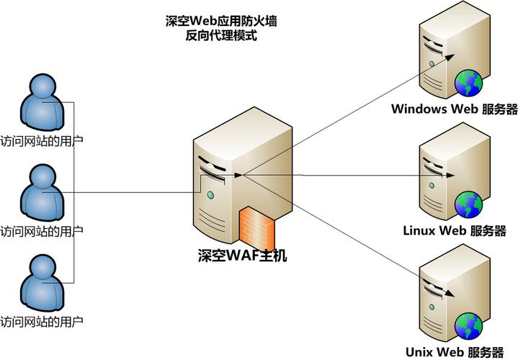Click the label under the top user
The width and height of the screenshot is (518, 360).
pos(41,141)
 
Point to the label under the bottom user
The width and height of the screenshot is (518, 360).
pos(41,320)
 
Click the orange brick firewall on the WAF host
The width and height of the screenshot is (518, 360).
pos(256,227)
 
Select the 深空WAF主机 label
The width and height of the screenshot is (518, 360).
pos(242,255)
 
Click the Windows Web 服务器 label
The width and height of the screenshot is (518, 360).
pos(455,109)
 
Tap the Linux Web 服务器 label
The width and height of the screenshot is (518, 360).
pos(455,231)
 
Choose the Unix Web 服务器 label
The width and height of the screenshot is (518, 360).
pos(455,352)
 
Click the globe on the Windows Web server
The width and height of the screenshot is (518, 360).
pos(468,83)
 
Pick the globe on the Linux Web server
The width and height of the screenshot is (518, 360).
pos(468,204)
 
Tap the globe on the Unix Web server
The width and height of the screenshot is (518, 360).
pos(468,325)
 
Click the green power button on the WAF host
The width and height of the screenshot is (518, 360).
pos(210,194)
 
